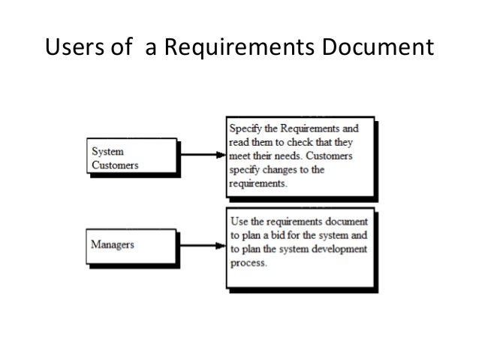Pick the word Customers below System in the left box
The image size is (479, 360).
(x=115, y=165)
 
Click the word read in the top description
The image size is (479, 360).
(x=239, y=142)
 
